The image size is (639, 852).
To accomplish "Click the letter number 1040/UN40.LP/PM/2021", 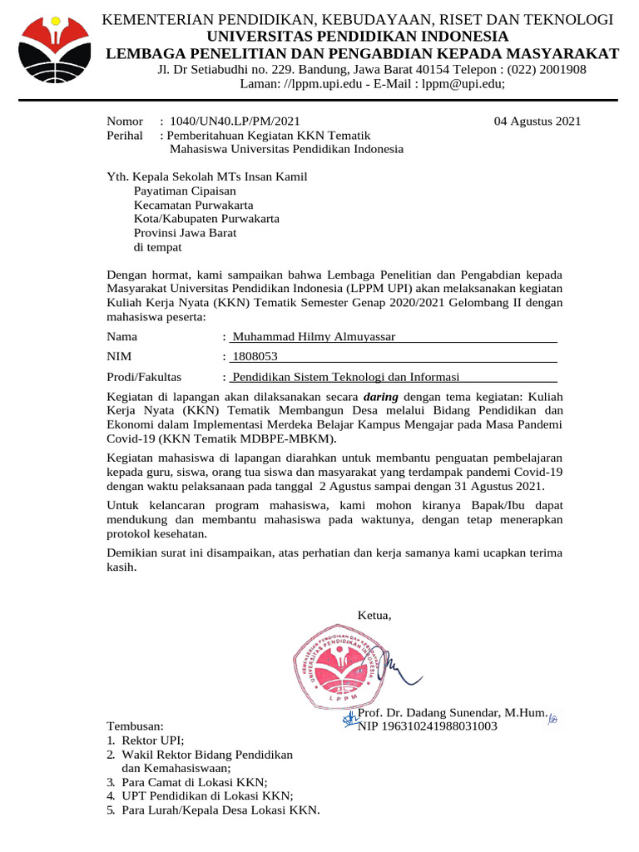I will [x=235, y=121].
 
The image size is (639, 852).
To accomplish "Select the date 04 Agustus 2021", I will [x=537, y=121].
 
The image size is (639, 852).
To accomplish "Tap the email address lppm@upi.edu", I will [x=462, y=84].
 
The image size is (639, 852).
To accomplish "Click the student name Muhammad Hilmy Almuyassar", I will [x=314, y=337].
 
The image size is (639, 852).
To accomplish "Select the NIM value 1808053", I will [x=255, y=357].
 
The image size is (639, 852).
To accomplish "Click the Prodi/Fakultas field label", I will [x=145, y=377].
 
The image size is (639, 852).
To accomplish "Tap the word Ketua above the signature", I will [x=374, y=615].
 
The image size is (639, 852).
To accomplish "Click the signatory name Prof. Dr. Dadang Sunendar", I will [x=452, y=713].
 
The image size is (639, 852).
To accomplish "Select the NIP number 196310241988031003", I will [x=427, y=726].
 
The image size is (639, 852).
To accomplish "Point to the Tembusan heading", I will [x=136, y=726].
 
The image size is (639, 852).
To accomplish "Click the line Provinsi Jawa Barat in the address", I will [x=186, y=233].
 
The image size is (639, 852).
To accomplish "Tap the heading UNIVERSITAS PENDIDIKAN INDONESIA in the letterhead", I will [x=357, y=37].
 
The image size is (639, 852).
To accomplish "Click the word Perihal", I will [x=125, y=136].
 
